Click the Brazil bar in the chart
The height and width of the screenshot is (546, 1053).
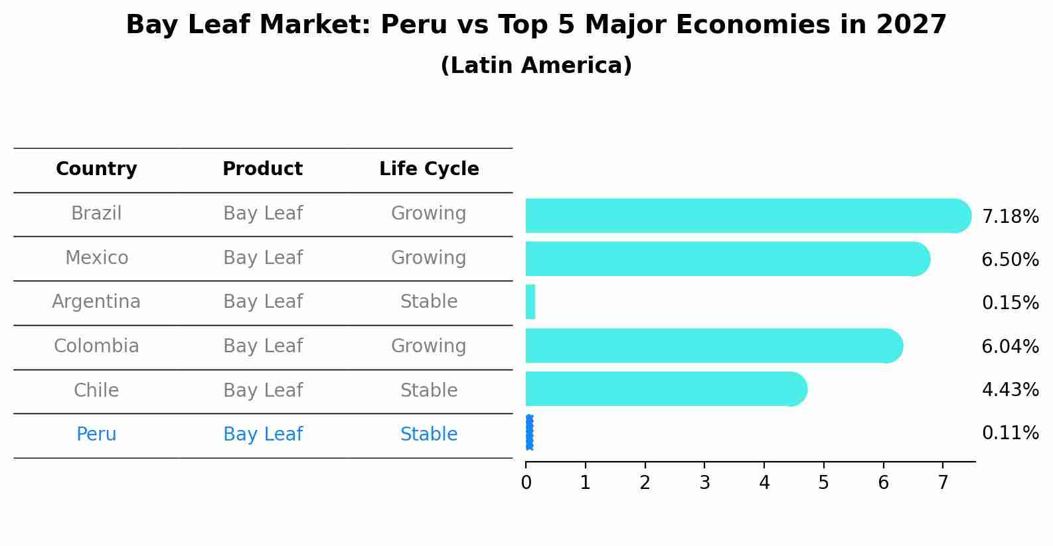tap(744, 216)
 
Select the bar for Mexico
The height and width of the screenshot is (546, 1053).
tap(724, 259)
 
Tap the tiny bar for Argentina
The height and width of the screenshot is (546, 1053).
tap(530, 302)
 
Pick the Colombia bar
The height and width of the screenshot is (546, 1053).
tap(710, 346)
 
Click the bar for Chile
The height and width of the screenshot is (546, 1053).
tap(664, 389)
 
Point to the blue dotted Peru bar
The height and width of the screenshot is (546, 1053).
tap(529, 433)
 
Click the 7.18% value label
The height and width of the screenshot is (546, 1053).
tap(1010, 217)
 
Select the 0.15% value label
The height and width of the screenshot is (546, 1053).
tap(1010, 303)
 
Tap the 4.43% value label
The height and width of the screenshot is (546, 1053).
tap(1010, 390)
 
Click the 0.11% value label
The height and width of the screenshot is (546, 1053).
tap(1010, 433)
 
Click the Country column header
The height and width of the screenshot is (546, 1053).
tap(96, 169)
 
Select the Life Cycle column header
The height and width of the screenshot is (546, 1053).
tap(429, 169)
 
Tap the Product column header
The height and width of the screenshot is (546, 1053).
tap(262, 169)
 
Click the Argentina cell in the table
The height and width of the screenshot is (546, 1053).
tap(96, 302)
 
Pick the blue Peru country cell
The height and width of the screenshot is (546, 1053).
tap(96, 435)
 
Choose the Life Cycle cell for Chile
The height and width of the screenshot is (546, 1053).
tap(429, 391)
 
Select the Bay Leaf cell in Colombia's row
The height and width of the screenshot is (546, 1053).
tap(262, 346)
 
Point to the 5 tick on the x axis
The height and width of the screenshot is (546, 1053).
tap(823, 483)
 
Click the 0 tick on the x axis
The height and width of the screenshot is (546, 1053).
tap(526, 483)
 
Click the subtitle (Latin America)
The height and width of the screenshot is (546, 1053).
tap(536, 66)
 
